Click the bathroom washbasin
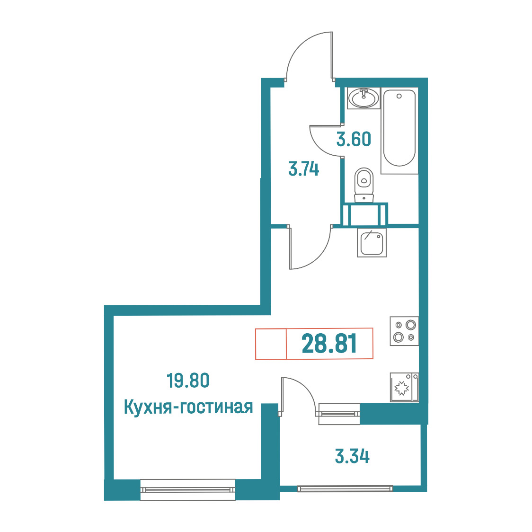pyautogui.click(x=364, y=98)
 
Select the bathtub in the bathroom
pyautogui.click(x=399, y=131)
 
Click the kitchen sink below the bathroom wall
pyautogui.click(x=372, y=242)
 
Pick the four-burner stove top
pyautogui.click(x=404, y=331)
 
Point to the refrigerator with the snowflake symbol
pyautogui.click(x=404, y=388)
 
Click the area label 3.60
pyautogui.click(x=354, y=140)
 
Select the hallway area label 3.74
pyautogui.click(x=304, y=169)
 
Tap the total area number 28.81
pyautogui.click(x=329, y=343)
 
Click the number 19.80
pyautogui.click(x=188, y=381)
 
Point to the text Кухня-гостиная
pyautogui.click(x=188, y=407)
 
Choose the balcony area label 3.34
pyautogui.click(x=352, y=456)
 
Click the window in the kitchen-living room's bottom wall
pyautogui.click(x=187, y=489)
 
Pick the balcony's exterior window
pyautogui.click(x=345, y=488)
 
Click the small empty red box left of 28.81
pyautogui.click(x=271, y=344)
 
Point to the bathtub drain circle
pyautogui.click(x=399, y=96)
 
